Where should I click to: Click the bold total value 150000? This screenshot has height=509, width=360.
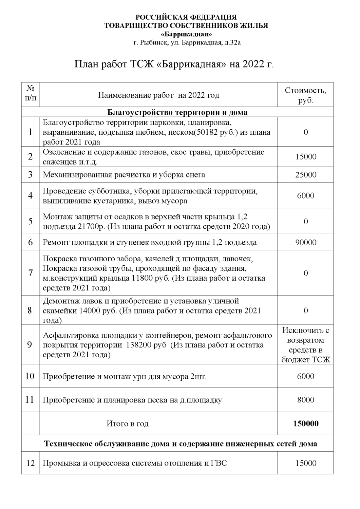(305, 423)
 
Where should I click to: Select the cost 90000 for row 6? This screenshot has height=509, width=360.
(305, 242)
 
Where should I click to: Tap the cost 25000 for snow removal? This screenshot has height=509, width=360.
(305, 175)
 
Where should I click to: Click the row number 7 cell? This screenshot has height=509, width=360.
(31, 273)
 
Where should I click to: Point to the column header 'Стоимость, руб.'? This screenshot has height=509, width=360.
(305, 95)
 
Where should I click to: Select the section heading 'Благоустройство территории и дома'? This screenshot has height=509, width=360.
(177, 112)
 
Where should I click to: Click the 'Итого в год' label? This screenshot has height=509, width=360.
(127, 423)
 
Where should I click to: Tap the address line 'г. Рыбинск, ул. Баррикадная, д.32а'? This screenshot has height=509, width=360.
(187, 43)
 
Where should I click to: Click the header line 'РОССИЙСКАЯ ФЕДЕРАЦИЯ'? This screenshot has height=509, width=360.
(186, 17)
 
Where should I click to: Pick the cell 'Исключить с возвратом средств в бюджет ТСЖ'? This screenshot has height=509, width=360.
(305, 345)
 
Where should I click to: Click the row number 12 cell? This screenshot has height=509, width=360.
(31, 463)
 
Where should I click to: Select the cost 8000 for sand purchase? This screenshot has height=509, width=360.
(305, 400)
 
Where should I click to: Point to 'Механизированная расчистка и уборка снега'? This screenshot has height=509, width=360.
(124, 175)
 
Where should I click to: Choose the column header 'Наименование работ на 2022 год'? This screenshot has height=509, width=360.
(158, 95)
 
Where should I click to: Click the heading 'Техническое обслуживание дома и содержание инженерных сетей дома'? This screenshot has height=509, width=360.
(181, 444)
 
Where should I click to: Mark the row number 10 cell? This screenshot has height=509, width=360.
(30, 376)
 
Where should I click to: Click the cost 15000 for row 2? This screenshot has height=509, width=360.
(305, 156)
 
